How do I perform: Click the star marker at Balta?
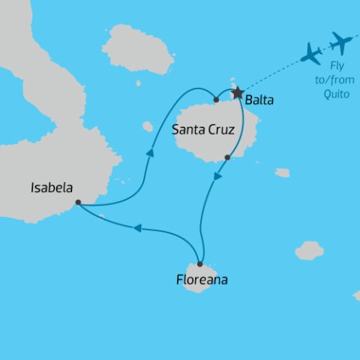click(238, 94)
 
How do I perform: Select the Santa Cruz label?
click(203, 130)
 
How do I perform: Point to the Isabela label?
click(51, 188)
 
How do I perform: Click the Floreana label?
click(200, 281)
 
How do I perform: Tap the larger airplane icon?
click(341, 43)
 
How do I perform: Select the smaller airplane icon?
click(310, 53)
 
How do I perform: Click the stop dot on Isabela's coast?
click(78, 202)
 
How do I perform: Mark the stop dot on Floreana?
click(200, 264)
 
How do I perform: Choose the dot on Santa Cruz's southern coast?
click(227, 157)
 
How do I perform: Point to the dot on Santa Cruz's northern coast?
click(216, 99)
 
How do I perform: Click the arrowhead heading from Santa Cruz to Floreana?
click(217, 177)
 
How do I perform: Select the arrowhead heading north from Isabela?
click(150, 152)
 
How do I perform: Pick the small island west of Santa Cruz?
click(147, 127)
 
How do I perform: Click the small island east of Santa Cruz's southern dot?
click(282, 172)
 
